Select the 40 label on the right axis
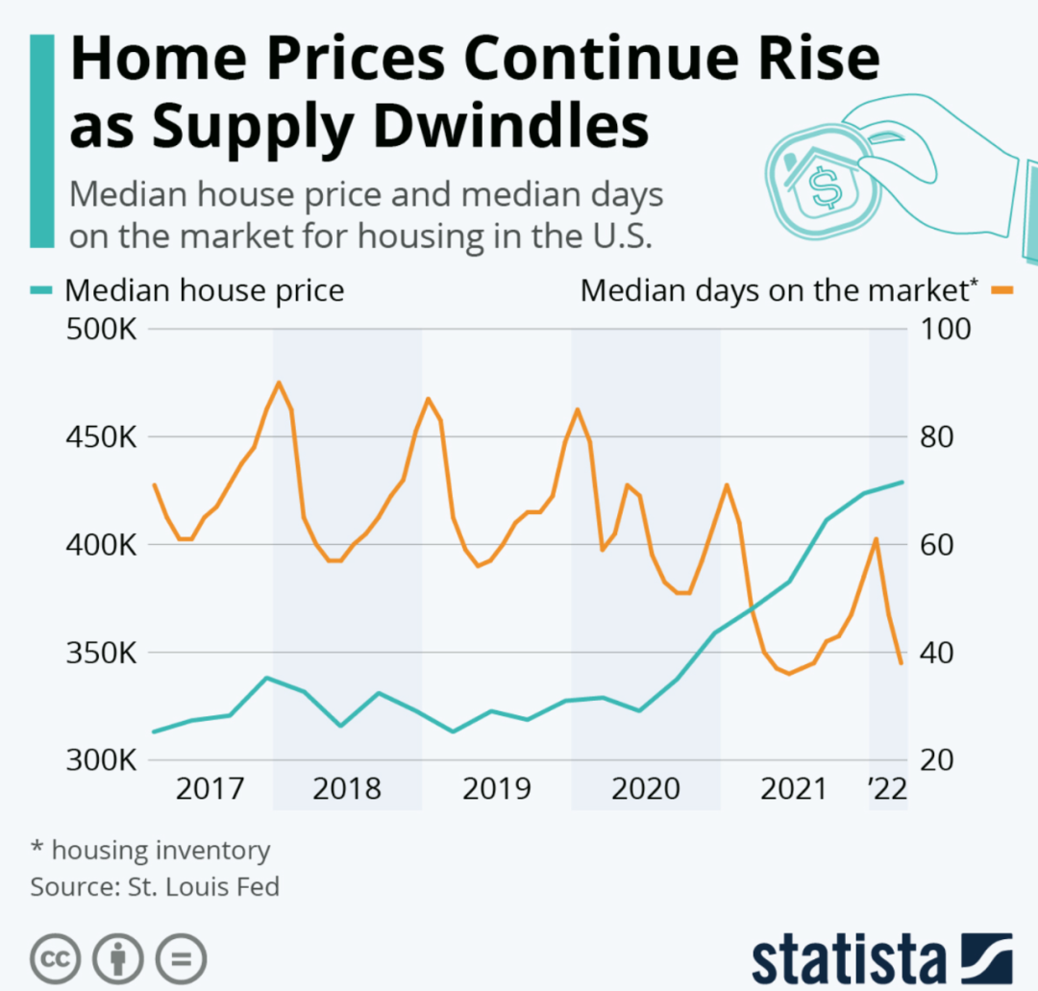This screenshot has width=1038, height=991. [937, 654]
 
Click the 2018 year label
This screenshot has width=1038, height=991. [347, 789]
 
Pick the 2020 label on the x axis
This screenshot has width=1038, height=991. [646, 789]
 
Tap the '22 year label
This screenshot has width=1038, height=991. [886, 789]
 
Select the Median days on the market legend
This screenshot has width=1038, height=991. [779, 289]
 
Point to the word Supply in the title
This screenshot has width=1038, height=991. [232, 128]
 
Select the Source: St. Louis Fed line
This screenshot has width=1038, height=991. [155, 885]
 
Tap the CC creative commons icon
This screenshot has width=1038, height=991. [56, 958]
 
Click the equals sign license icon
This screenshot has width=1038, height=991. [181, 958]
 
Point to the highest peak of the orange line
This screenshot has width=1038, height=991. [279, 383]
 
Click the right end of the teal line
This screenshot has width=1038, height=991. [902, 482]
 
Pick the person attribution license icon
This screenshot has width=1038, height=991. [118, 958]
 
